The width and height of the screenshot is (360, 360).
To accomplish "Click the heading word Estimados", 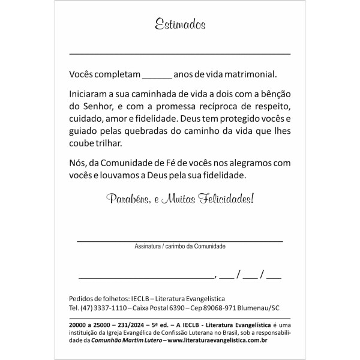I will (x=180, y=25).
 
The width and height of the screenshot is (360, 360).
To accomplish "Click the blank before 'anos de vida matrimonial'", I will (x=158, y=76).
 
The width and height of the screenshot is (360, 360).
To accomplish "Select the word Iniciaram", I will (x=91, y=95).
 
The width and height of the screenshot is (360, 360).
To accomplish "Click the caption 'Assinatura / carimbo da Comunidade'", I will (x=180, y=246).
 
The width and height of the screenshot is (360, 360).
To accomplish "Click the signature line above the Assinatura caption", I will (x=180, y=240).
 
